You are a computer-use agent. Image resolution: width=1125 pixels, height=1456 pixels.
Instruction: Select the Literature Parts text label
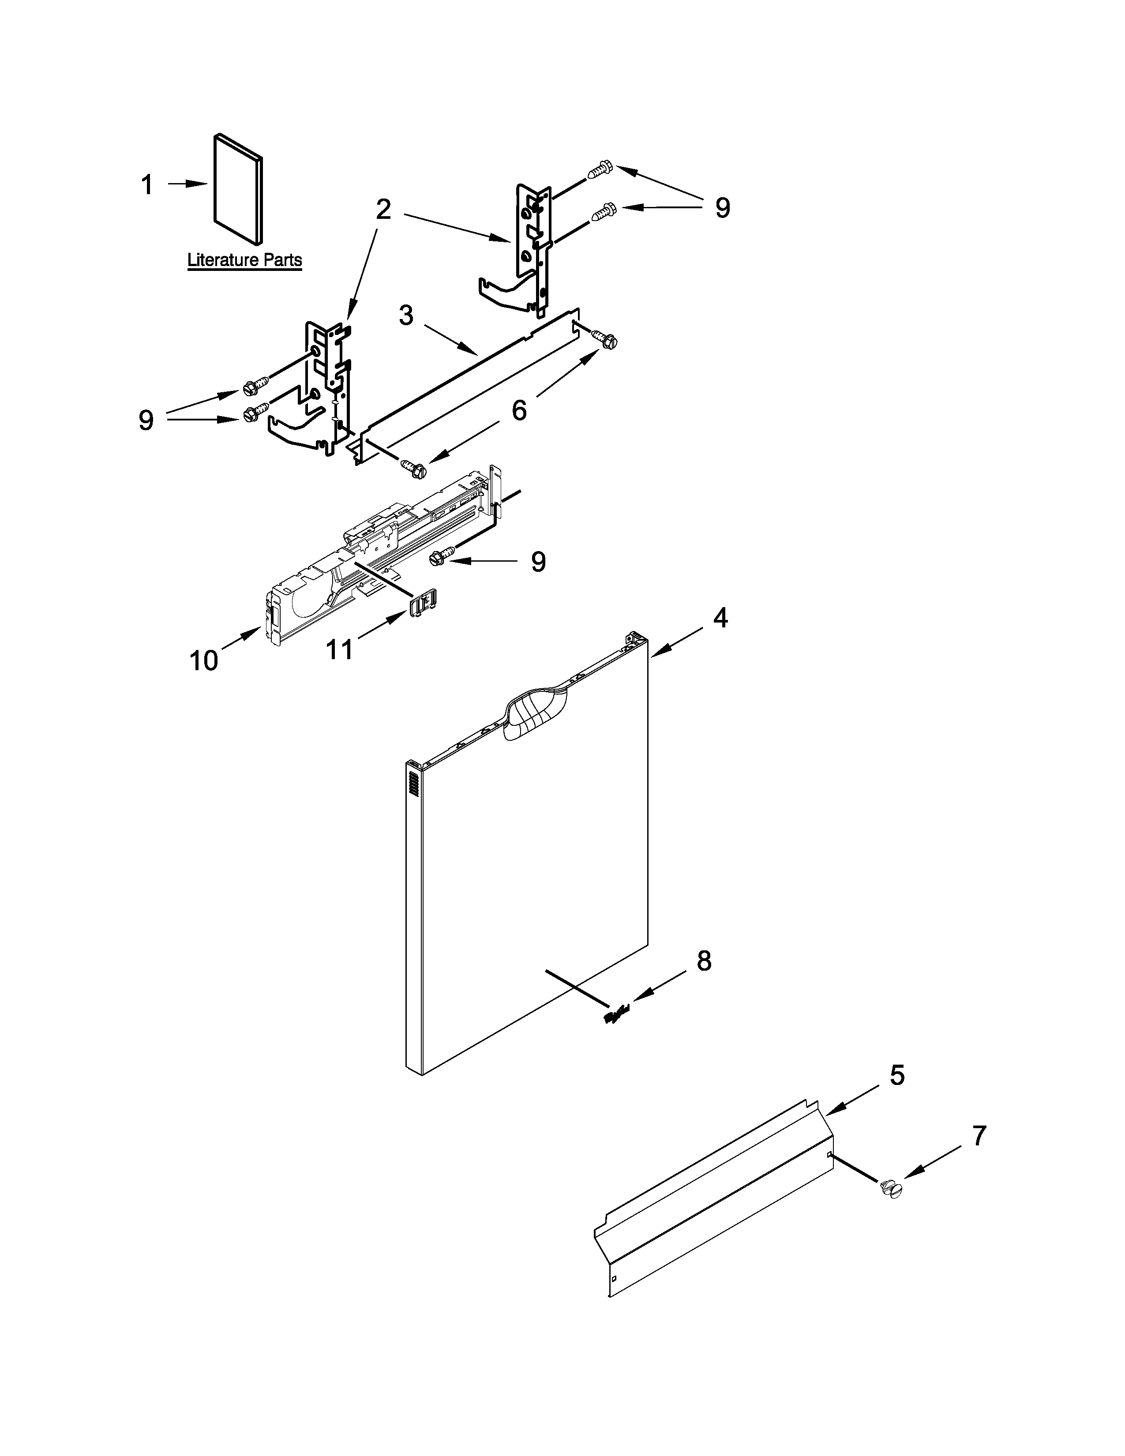(244, 260)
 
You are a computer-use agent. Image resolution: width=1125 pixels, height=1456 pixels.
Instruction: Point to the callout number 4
(720, 618)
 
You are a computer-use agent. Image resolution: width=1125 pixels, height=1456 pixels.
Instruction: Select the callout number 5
(897, 1075)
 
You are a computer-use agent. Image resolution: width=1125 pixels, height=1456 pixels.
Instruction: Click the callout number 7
(978, 1136)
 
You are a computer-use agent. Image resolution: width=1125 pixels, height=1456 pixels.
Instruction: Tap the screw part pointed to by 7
(890, 1188)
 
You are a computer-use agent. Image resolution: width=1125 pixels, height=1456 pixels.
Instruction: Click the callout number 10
(203, 660)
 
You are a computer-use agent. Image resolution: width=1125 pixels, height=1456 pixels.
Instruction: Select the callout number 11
(338, 649)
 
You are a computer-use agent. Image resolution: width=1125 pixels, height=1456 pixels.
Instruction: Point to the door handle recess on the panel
(536, 714)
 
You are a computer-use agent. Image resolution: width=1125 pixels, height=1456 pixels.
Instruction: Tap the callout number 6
(518, 409)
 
